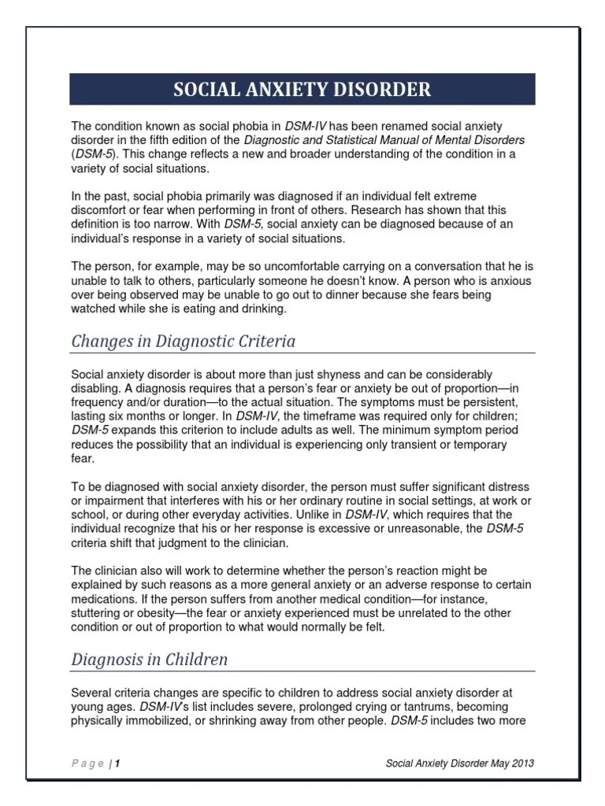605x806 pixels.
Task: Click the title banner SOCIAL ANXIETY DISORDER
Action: click(x=302, y=89)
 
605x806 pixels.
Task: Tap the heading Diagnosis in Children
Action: click(x=149, y=659)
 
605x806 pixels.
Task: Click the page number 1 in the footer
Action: click(x=117, y=763)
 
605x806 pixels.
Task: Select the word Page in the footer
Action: click(x=87, y=763)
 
